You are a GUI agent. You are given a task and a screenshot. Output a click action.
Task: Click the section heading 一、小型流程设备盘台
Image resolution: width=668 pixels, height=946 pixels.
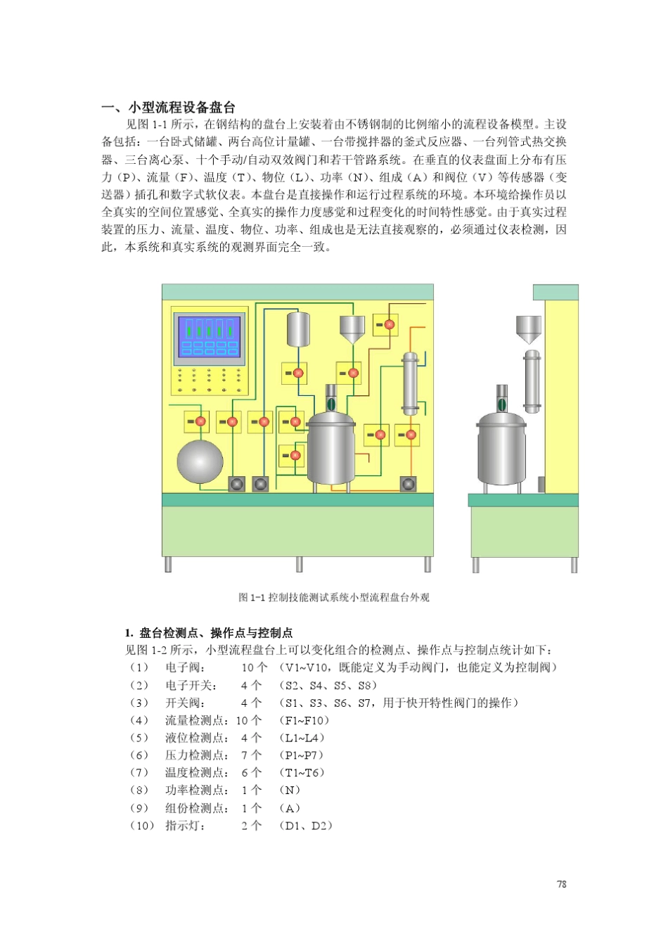pyautogui.click(x=168, y=108)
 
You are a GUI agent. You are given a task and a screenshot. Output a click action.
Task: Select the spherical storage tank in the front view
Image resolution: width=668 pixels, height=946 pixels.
pyautogui.click(x=200, y=461)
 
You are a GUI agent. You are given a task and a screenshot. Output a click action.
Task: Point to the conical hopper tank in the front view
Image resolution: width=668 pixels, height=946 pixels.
pyautogui.click(x=352, y=328)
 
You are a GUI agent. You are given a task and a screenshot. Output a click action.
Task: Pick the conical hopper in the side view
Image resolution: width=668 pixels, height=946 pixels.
pyautogui.click(x=528, y=329)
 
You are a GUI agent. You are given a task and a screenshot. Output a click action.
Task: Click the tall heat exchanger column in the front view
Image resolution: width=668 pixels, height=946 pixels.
pyautogui.click(x=410, y=384)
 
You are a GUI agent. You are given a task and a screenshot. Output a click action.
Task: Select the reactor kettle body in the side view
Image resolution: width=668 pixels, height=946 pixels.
pyautogui.click(x=501, y=450)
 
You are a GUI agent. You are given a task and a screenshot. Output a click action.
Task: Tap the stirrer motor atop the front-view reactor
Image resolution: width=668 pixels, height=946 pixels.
pyautogui.click(x=330, y=401)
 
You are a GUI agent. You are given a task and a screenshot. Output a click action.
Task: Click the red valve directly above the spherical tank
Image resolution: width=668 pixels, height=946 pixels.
pyautogui.click(x=200, y=421)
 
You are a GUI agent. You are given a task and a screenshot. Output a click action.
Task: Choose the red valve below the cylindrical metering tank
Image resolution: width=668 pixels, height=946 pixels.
pyautogui.click(x=298, y=373)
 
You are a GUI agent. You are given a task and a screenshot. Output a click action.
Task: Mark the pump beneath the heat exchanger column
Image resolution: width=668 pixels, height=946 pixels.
pyautogui.click(x=409, y=484)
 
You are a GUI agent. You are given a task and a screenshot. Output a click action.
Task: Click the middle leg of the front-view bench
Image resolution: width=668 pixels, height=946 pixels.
pyautogui.click(x=299, y=564)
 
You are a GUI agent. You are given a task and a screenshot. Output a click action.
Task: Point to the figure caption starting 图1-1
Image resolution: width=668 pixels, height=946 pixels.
pyautogui.click(x=333, y=597)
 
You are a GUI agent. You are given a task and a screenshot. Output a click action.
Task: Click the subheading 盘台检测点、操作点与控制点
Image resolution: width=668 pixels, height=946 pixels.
pyautogui.click(x=216, y=632)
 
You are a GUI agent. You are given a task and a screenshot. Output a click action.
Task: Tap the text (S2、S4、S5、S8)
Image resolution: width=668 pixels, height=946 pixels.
pyautogui.click(x=328, y=684)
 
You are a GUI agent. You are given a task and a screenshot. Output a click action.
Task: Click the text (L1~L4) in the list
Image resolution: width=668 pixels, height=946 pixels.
pyautogui.click(x=302, y=737)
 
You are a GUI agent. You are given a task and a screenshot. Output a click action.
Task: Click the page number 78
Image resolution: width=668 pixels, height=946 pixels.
pyautogui.click(x=561, y=884)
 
